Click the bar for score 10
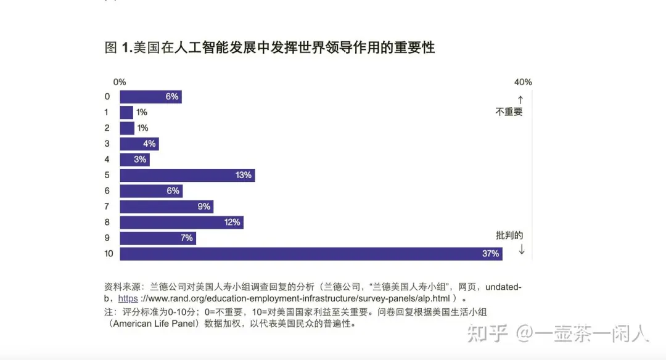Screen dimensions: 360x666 [x=308, y=253]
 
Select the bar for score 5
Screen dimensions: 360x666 [x=185, y=175]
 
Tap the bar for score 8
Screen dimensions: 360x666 [x=179, y=222]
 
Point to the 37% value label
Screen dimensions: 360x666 [x=491, y=253]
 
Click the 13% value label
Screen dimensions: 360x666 [x=244, y=175]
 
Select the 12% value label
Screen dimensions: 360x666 [x=232, y=222]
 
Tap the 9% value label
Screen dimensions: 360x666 [x=204, y=207]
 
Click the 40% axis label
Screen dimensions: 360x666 [x=522, y=82]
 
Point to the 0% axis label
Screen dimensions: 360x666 [x=120, y=82]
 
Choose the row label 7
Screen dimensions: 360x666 [x=107, y=207]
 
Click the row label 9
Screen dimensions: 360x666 [x=107, y=238]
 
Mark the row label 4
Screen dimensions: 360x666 [x=107, y=159]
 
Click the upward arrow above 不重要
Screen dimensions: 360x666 [x=520, y=99]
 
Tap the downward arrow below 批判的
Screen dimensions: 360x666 [x=522, y=249]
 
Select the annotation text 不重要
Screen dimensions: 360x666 [x=509, y=112]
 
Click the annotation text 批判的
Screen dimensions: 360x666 [x=509, y=235]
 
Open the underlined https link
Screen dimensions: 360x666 [x=128, y=298]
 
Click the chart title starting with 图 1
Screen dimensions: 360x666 [x=269, y=47]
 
